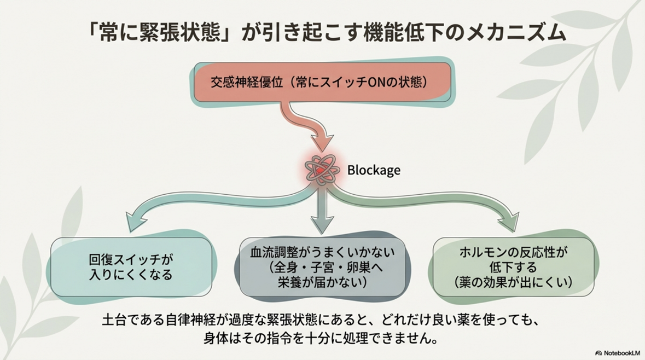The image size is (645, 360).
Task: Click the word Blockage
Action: coord(374,170)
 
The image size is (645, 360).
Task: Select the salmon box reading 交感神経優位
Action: coord(322,83)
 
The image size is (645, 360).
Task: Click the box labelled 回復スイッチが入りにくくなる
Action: coord(131,267)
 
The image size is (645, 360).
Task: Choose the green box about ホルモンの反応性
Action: coord(513,267)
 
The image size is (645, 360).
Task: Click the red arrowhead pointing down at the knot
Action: coord(322,143)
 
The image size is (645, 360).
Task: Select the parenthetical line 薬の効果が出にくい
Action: coord(513,283)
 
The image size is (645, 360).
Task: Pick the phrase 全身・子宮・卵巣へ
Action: coord(322,268)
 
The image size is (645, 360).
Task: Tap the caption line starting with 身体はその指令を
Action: coord(322,338)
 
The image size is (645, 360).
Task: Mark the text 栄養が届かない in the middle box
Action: coord(322,282)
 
